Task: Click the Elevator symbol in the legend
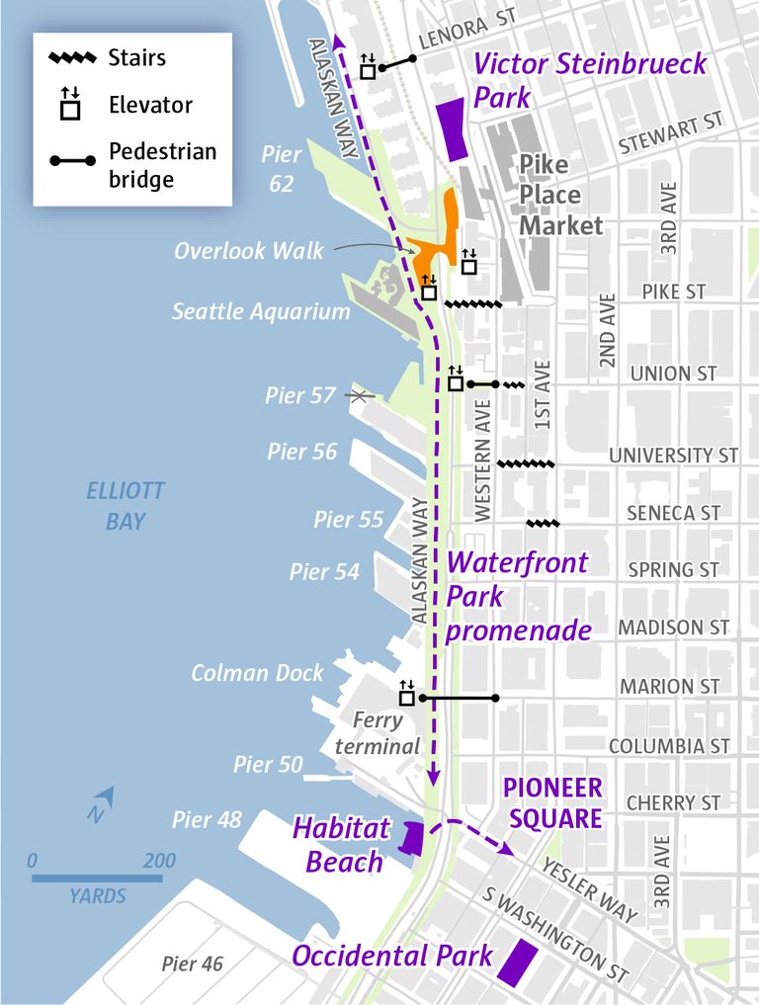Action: [x=70, y=104]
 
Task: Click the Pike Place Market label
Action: [x=560, y=195]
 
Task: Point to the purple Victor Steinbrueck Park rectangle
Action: [x=452, y=128]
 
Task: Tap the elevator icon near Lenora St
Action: [x=368, y=67]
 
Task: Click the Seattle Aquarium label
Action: [x=261, y=311]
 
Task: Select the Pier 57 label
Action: [x=300, y=395]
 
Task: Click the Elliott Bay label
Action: [x=126, y=506]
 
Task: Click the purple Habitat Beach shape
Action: [x=410, y=838]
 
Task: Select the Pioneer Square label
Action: [x=551, y=803]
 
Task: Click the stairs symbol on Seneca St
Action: [x=544, y=523]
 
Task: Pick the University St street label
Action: [x=673, y=456]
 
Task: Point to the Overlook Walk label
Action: [x=248, y=251]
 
